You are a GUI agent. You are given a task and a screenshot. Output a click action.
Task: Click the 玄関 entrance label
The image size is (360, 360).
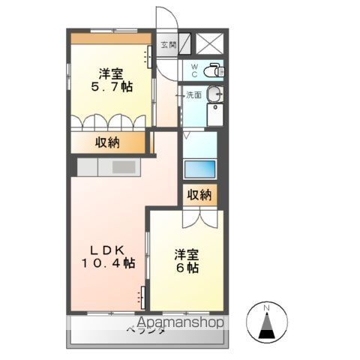(167, 44)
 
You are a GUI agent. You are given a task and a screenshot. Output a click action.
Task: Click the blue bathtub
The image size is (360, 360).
(200, 168)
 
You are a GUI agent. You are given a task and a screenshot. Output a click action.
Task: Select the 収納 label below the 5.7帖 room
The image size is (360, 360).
(107, 142)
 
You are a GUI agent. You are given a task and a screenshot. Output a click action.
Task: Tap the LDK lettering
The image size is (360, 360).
(107, 250)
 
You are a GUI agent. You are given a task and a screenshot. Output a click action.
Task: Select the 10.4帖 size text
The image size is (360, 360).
(107, 263)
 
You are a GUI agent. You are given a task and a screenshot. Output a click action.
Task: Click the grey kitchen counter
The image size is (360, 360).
(108, 166)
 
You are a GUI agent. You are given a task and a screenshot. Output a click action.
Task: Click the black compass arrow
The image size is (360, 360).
(265, 328)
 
